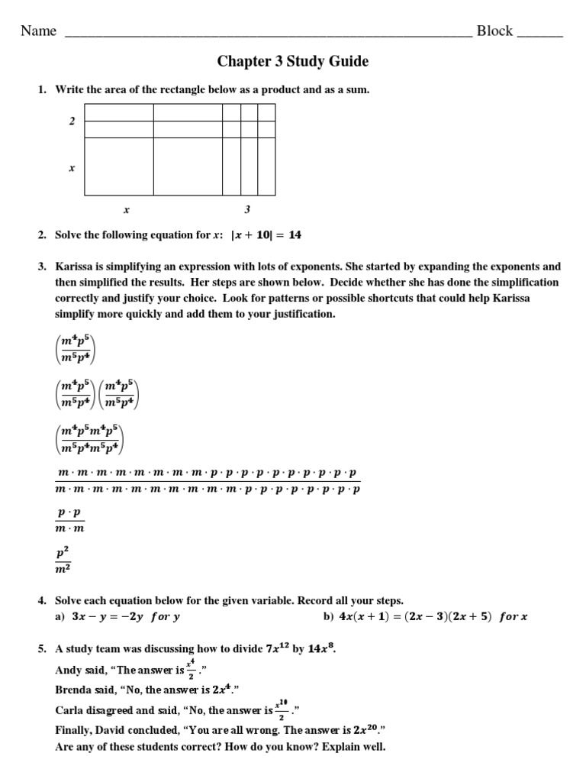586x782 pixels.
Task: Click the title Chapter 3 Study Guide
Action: tap(292, 61)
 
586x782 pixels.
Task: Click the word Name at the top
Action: tap(39, 31)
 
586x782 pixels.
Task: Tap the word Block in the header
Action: tap(494, 31)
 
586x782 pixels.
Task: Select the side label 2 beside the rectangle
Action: tap(72, 121)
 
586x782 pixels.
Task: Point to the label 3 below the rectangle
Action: tap(247, 209)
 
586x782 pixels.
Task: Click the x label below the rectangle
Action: tap(127, 209)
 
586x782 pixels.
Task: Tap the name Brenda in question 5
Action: tap(75, 690)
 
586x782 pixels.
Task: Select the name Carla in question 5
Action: tap(70, 710)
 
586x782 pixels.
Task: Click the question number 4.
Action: tap(42, 601)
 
